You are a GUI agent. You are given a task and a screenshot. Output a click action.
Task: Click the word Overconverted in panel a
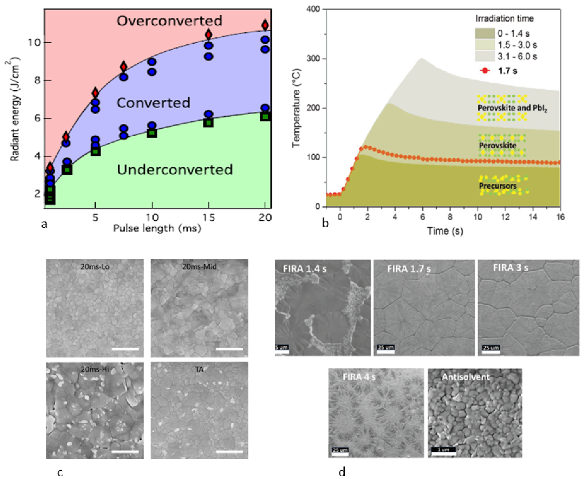[x=169, y=21]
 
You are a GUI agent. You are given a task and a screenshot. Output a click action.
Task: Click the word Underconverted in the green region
[x=175, y=169]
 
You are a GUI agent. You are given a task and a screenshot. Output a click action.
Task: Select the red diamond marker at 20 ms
[x=265, y=25]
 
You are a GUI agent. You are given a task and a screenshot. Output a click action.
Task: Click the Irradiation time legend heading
[x=504, y=18]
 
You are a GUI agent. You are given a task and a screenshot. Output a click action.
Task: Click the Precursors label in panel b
[x=497, y=186]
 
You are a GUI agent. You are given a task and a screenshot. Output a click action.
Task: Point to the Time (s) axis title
[x=445, y=231]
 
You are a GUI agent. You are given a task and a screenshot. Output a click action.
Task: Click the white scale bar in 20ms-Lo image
[x=125, y=349]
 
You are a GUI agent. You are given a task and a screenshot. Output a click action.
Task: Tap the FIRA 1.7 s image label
[x=409, y=269]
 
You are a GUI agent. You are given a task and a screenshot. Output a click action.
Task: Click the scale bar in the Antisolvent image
[x=443, y=450]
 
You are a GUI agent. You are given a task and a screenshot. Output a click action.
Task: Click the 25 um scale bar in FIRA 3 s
[x=491, y=348]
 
